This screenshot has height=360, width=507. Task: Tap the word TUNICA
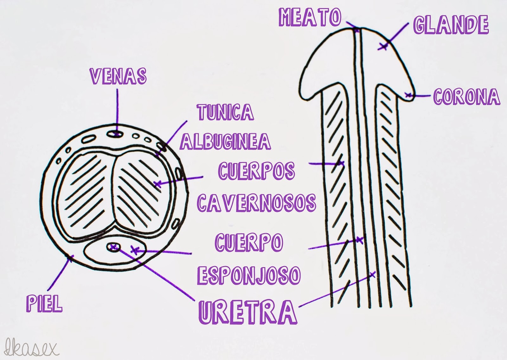tap(225, 112)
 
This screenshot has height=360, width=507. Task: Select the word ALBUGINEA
tap(225, 141)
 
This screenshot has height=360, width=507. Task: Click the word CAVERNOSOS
tap(256, 202)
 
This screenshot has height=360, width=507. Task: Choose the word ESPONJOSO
tap(249, 274)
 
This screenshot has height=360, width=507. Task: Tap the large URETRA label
tap(247, 312)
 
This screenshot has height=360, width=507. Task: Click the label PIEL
tap(44, 303)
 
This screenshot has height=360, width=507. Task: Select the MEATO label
tap(310, 17)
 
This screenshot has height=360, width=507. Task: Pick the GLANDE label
tap(451, 25)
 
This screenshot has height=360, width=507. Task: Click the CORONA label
tap(466, 97)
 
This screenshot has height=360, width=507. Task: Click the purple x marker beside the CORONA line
tap(408, 94)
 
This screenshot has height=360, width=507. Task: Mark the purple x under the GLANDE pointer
tap(383, 47)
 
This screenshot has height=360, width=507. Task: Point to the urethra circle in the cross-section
tap(113, 247)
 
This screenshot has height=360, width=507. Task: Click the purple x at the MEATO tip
tap(357, 30)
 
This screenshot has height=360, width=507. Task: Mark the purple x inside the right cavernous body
tap(157, 183)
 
